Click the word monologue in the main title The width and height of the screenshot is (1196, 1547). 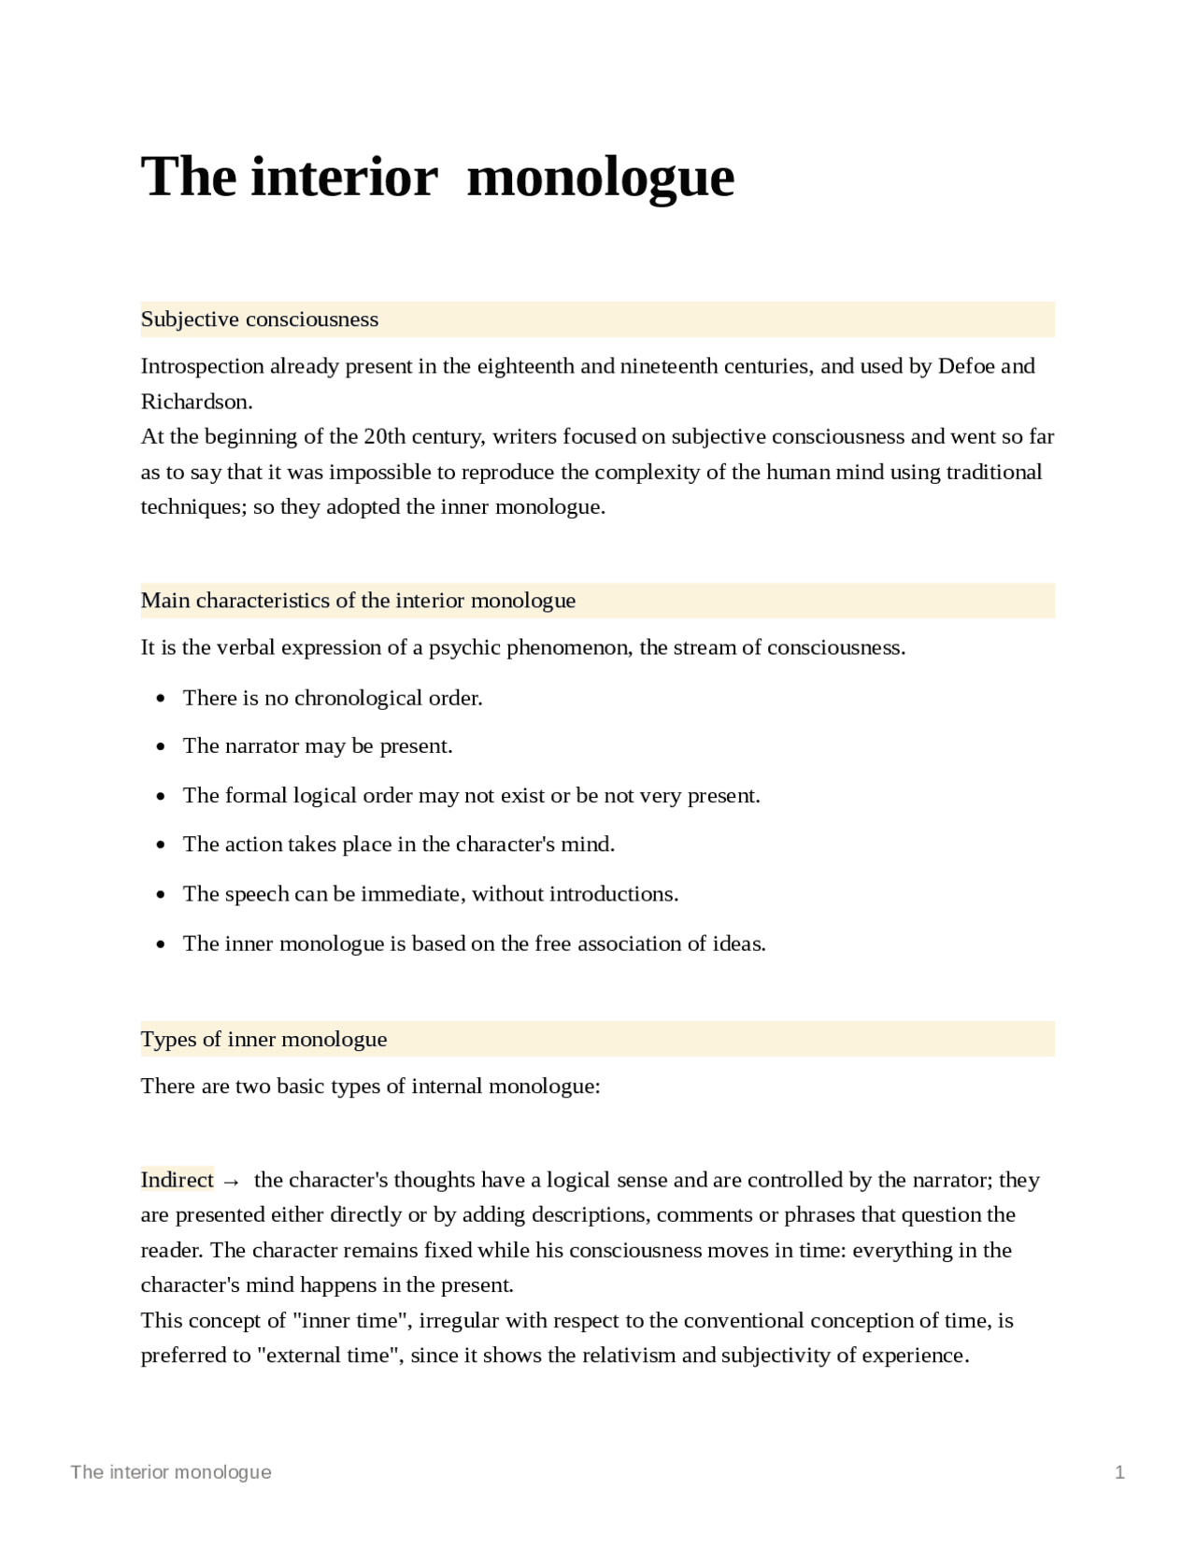point(600,177)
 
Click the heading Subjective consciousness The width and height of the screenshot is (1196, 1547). point(259,319)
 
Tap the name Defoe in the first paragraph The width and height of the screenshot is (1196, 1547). point(966,366)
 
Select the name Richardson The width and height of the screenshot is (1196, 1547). point(195,402)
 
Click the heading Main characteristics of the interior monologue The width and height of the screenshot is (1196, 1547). point(358,601)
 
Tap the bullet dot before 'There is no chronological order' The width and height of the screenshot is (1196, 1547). point(162,699)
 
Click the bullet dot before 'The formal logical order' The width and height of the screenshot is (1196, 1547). point(162,797)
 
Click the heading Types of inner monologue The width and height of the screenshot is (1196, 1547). point(263,1040)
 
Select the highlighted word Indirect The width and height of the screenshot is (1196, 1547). point(177,1180)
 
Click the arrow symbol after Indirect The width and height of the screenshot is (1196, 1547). point(231,1182)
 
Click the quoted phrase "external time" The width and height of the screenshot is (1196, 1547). point(327,1355)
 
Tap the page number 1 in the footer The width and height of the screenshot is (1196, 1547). point(1119,1473)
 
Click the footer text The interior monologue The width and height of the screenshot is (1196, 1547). point(171,1473)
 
